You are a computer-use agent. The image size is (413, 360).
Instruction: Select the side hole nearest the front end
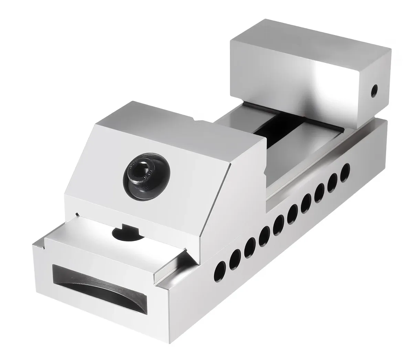pos(220,267)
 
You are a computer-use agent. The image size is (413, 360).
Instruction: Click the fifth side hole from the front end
pos(279,225)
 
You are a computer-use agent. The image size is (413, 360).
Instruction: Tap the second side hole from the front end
pos(235,257)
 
